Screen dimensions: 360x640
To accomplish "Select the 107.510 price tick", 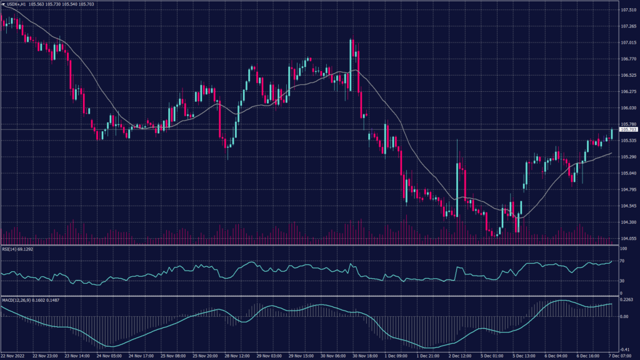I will click(x=628, y=11).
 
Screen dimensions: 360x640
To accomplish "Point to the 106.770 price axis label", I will click(x=628, y=59).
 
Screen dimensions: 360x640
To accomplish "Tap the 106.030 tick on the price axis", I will click(x=628, y=108).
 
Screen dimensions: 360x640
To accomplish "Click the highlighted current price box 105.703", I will click(x=628, y=129).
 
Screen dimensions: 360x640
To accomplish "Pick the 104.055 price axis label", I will click(x=628, y=238).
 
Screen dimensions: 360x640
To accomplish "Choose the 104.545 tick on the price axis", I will click(x=628, y=206).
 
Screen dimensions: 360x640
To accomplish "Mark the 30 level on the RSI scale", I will click(x=622, y=281).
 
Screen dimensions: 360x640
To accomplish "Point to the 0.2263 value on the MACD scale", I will click(x=627, y=299).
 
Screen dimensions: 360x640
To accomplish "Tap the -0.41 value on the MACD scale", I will click(x=625, y=349).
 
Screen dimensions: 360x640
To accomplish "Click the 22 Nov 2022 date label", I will click(x=13, y=356).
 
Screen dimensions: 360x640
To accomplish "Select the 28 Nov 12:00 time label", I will click(x=236, y=356).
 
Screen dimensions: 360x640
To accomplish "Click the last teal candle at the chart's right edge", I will click(x=611, y=134).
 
